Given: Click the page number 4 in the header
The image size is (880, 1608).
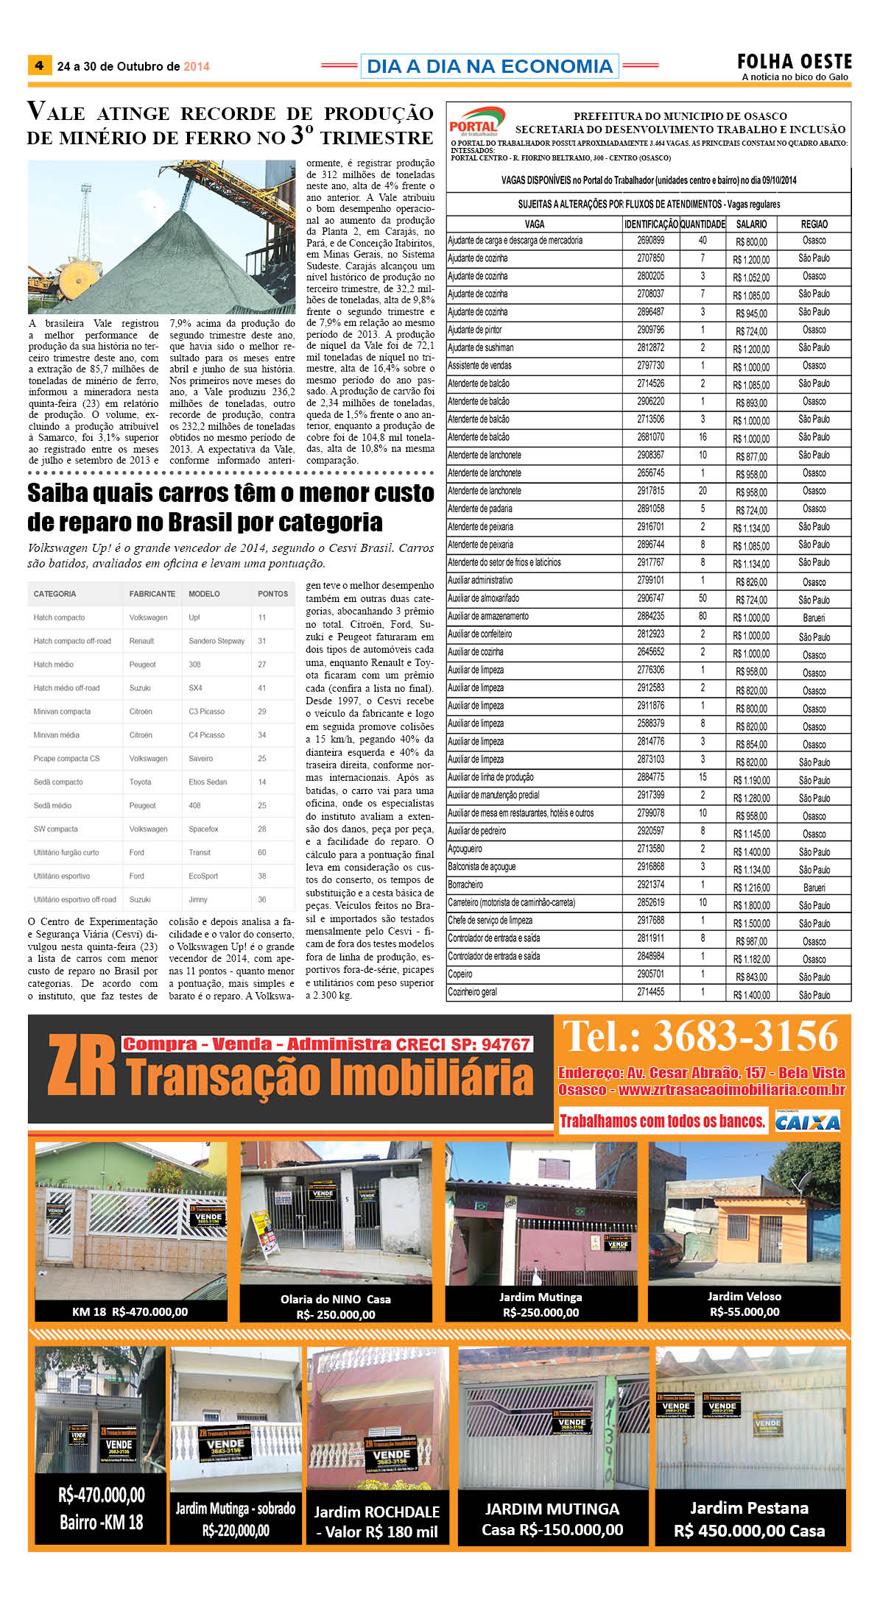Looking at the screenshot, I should [x=39, y=65].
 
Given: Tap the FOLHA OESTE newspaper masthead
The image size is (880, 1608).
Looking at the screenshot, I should [x=795, y=62].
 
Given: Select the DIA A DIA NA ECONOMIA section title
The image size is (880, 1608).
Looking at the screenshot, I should [x=490, y=66].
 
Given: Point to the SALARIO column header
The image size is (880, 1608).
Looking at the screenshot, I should [x=751, y=224].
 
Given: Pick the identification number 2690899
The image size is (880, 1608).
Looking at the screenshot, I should [x=650, y=241].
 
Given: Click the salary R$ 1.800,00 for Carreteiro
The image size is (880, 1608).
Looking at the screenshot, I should [x=751, y=906].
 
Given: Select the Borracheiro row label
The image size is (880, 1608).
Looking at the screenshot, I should [x=465, y=885].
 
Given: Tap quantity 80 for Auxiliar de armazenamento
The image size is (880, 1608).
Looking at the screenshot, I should [x=703, y=617].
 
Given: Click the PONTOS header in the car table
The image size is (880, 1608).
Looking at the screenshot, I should [x=272, y=594].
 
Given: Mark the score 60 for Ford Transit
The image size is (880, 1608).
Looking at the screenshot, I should [x=262, y=852].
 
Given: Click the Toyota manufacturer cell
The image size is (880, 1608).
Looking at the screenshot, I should [x=140, y=782].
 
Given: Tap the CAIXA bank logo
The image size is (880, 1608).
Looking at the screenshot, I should [x=807, y=1122].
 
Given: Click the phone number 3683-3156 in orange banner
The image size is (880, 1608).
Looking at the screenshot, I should [x=745, y=1037].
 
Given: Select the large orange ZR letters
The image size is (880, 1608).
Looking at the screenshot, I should [x=81, y=1066].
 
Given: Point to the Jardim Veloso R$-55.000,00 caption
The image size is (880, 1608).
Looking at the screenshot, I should [x=744, y=1303].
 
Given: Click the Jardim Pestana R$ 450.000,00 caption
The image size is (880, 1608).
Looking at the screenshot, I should [x=749, y=1519].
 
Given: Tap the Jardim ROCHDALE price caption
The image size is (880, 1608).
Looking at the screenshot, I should [x=376, y=1522].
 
